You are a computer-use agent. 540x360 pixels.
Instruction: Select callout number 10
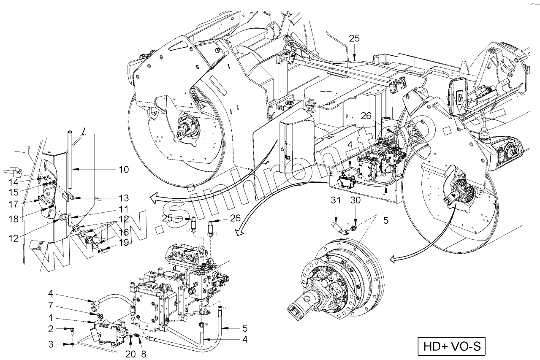124,169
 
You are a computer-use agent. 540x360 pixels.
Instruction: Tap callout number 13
123,198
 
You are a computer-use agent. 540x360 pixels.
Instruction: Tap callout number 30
355,201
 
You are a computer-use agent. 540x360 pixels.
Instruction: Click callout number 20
130,354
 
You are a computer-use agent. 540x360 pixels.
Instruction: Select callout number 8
144,354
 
